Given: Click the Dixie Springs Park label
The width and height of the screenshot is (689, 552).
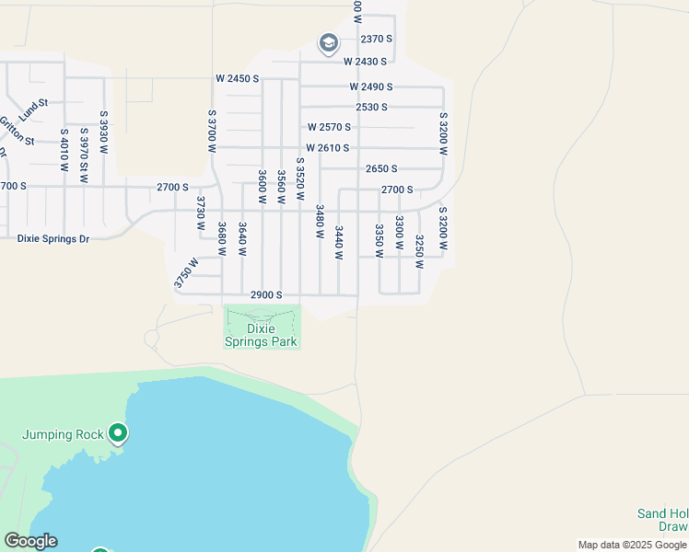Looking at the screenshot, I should [263, 335].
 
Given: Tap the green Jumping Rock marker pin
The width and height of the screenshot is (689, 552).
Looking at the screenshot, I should [117, 432].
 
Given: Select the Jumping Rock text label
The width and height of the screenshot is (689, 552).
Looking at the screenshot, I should [63, 433].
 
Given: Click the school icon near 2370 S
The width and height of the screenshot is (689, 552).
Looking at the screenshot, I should [328, 43].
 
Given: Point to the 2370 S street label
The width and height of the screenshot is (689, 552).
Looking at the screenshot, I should [377, 39].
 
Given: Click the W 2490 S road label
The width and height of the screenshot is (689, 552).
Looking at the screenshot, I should [370, 86].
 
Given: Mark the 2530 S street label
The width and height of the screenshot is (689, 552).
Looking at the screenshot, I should [371, 107].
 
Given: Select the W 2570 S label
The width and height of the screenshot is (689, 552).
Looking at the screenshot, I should [329, 127].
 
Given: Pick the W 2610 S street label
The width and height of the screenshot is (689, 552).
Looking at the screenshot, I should [328, 148].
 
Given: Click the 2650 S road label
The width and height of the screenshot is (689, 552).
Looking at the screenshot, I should [381, 169].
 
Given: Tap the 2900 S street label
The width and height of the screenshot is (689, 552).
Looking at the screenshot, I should [265, 294].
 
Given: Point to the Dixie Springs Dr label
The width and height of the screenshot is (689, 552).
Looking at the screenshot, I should [53, 238].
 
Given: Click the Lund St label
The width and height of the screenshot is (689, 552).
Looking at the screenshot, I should [32, 108].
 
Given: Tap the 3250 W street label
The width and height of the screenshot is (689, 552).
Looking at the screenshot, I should [419, 251].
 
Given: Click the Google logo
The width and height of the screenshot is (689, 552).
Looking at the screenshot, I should [30, 541].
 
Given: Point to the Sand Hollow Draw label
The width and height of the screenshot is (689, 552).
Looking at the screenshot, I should [662, 520].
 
